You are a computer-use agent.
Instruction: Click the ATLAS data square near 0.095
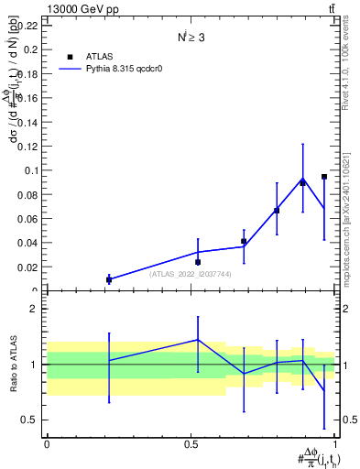click(x=324, y=177)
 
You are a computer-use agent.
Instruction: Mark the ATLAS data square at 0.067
click(x=277, y=211)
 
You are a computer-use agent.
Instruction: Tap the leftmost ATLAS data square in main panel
click(x=109, y=279)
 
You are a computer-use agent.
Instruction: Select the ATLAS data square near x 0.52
click(x=198, y=262)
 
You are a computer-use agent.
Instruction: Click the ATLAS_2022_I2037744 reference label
click(x=190, y=274)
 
